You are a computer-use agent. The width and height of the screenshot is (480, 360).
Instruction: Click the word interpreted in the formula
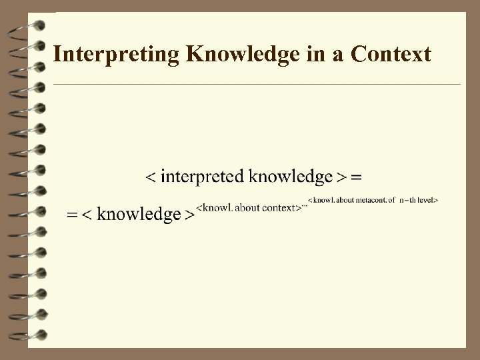pyautogui.click(x=202, y=177)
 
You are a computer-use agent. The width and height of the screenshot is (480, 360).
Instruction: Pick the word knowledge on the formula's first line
pyautogui.click(x=290, y=177)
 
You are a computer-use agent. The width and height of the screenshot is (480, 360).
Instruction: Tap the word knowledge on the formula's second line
pyautogui.click(x=139, y=215)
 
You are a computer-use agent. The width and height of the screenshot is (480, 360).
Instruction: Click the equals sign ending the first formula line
pyautogui.click(x=356, y=177)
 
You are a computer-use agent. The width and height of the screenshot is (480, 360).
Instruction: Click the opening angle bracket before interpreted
pyautogui.click(x=151, y=177)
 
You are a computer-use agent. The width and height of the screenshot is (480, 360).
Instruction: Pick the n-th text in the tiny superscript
pyautogui.click(x=407, y=199)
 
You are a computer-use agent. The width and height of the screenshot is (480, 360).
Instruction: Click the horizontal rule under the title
pyautogui.click(x=257, y=85)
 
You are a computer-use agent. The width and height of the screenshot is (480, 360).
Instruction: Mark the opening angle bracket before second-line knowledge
pyautogui.click(x=89, y=215)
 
